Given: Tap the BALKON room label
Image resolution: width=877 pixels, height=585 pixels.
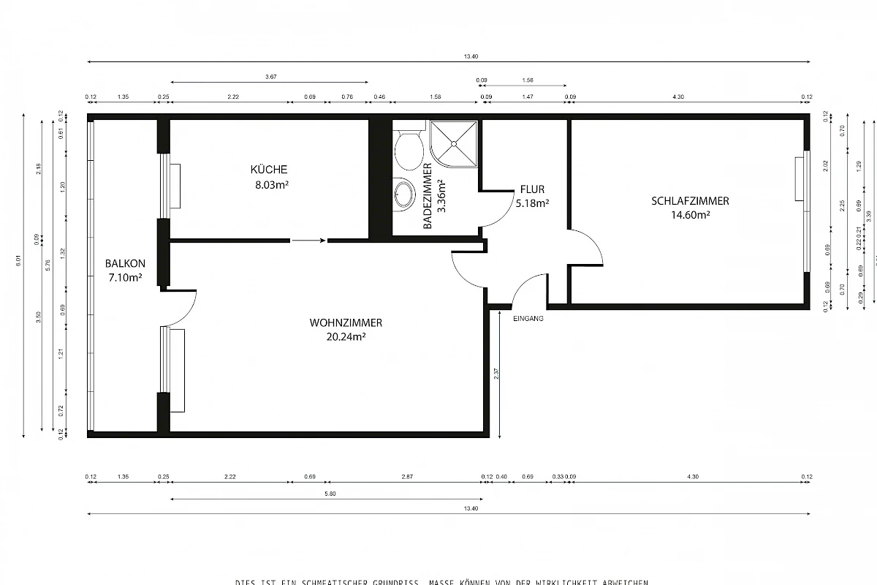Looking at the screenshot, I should (x=125, y=263).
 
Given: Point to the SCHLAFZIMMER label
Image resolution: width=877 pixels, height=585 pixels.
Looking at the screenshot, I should (x=690, y=201).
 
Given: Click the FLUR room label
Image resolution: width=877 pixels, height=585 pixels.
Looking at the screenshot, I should (x=532, y=189).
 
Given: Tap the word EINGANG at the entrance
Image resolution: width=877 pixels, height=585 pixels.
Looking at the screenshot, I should (x=528, y=318).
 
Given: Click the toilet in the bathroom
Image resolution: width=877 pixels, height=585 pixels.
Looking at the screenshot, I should (x=409, y=149).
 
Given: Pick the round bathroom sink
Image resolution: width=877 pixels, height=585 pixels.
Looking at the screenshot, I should (x=404, y=195).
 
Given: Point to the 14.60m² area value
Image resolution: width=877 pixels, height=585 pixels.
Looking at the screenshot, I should (x=691, y=215).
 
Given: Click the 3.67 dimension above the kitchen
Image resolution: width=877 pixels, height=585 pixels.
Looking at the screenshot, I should (x=271, y=77).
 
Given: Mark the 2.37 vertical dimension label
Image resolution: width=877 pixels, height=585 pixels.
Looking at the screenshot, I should (x=496, y=373).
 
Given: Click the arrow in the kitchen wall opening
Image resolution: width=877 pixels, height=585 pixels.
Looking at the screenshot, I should (x=308, y=240).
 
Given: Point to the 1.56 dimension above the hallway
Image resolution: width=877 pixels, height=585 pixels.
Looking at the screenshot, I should (x=528, y=80).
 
